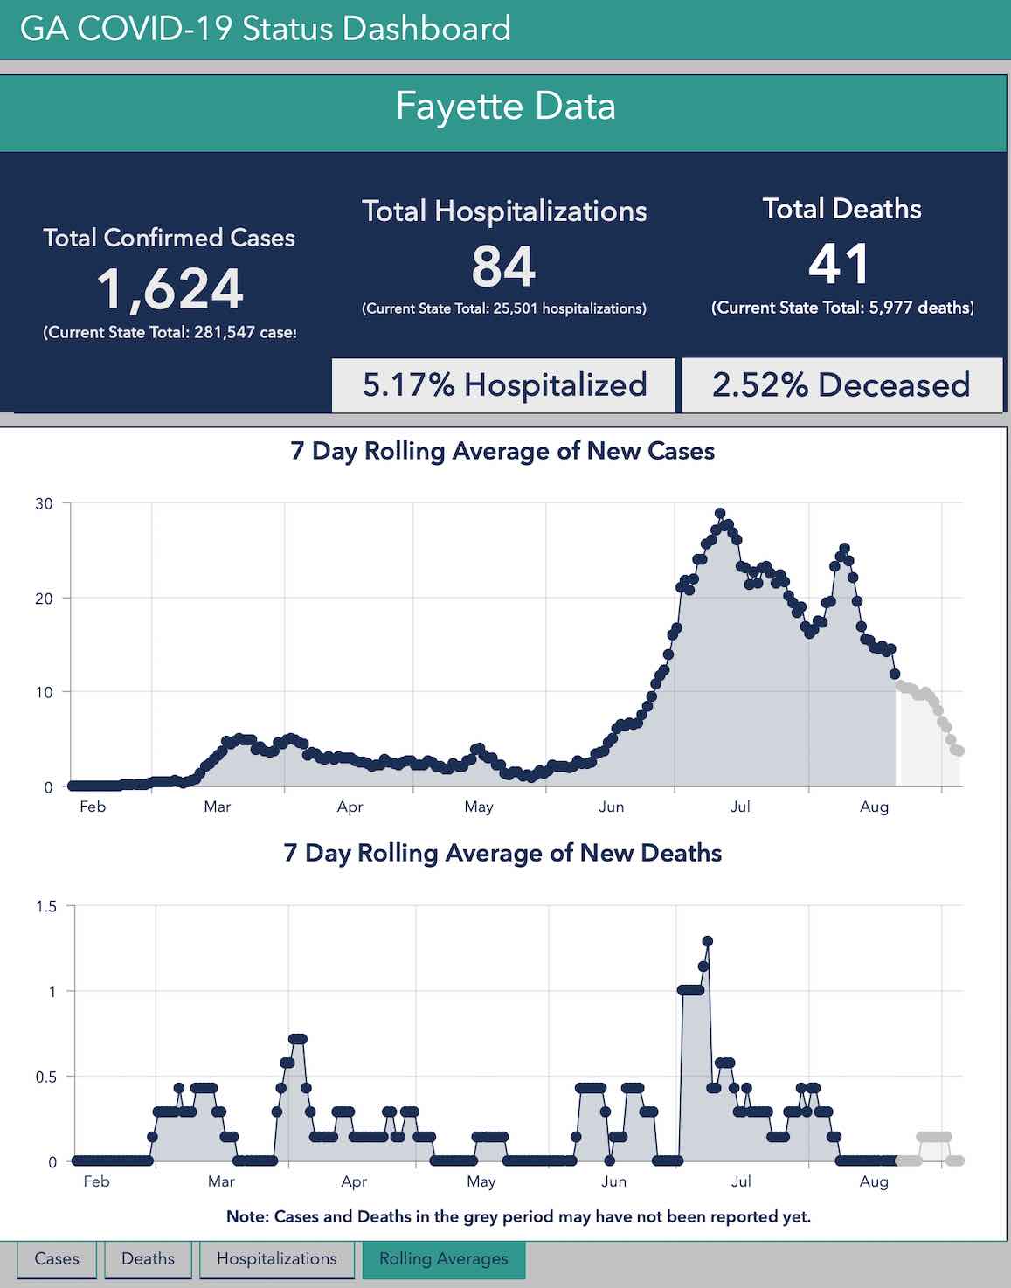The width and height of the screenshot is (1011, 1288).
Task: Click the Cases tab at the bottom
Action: pos(57,1259)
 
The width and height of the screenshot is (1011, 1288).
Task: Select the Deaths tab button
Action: pos(148,1259)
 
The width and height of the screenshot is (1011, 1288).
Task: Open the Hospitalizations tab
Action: pos(276,1259)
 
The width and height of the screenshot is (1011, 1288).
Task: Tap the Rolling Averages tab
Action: pos(443,1259)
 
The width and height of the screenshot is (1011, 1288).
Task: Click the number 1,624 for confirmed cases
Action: pos(170,289)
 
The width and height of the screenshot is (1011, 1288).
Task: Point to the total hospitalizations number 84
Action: pos(503,267)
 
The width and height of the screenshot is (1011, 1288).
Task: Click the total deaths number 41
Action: pos(840,264)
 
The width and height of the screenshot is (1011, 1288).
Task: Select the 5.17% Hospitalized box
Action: pos(504,385)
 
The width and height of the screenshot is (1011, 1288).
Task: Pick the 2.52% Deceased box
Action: pos(841,385)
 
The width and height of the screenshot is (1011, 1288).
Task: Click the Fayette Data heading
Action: pos(505,107)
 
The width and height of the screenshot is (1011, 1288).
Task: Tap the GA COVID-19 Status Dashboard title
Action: pos(265,29)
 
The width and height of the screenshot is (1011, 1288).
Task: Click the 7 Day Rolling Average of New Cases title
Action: pos(502,451)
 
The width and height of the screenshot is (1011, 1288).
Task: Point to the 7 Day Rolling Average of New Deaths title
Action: pos(502,853)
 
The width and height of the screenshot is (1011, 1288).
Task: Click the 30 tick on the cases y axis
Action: pos(44,503)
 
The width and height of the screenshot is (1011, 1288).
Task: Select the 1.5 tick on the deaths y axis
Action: pos(46,906)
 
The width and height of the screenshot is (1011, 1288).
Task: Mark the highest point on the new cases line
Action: pos(720,514)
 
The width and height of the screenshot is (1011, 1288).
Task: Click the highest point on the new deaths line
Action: pos(708,941)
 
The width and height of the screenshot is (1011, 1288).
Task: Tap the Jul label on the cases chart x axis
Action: pos(740,807)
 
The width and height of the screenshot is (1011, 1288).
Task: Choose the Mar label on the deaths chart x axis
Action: pos(221,1181)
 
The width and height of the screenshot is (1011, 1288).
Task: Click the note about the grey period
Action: pos(518,1216)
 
